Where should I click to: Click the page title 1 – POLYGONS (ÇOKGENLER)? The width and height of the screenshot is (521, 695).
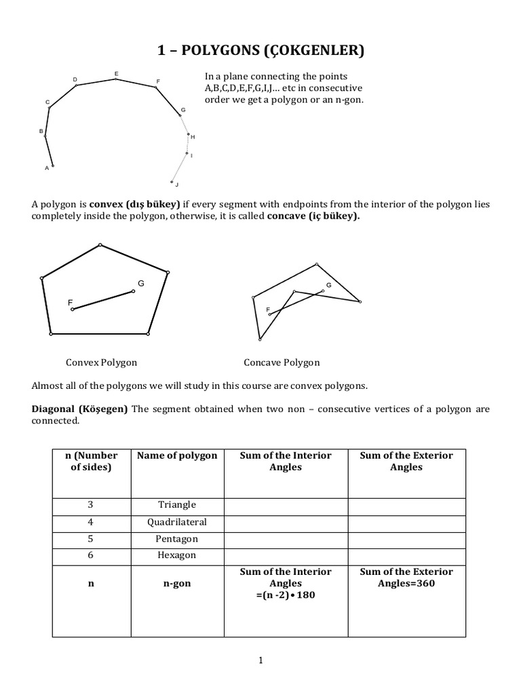(260, 50)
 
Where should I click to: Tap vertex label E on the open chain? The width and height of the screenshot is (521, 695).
(116, 73)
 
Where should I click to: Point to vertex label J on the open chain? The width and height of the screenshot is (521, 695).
(176, 185)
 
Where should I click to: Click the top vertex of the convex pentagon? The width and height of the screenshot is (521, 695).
(100, 244)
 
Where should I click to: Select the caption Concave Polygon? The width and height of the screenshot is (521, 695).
(282, 362)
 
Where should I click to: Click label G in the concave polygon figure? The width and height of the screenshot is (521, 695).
(328, 285)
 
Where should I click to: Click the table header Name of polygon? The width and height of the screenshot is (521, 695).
(177, 455)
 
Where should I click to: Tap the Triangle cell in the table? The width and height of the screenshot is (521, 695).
(177, 504)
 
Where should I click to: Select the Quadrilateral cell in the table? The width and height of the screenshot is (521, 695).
(177, 522)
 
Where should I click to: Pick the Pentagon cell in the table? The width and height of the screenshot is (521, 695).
(177, 539)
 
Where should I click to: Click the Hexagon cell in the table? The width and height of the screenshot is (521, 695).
(177, 555)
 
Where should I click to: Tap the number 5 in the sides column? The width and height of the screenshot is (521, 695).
(90, 539)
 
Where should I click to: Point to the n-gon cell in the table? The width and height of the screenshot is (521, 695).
(177, 584)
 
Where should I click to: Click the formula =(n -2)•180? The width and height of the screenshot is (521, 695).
(286, 595)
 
